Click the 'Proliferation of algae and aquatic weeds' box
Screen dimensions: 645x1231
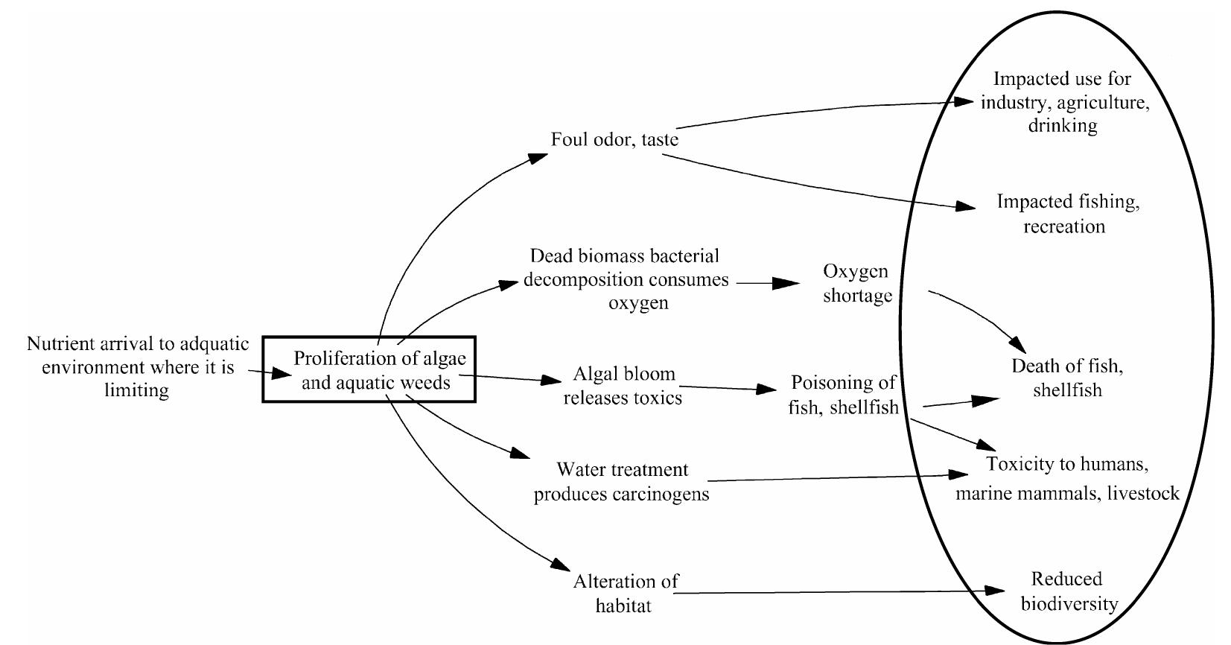coord(369,370)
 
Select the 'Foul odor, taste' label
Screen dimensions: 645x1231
coord(614,140)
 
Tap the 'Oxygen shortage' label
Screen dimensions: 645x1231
coord(856,283)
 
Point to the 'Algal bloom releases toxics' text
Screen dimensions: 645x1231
coord(623,386)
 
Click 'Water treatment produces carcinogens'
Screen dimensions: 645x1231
coord(621,482)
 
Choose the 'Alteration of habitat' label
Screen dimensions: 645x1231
coord(625,593)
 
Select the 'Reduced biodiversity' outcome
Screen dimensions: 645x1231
coord(1068,591)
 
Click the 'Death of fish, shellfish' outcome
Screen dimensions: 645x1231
coord(1066,378)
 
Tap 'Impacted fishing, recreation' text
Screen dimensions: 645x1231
coord(1067,214)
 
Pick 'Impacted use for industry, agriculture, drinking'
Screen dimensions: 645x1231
coord(1063,102)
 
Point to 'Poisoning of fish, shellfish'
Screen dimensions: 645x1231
coord(843,395)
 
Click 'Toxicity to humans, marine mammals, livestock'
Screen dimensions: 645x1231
coord(1067,478)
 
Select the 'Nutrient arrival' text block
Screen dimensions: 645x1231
coord(138,367)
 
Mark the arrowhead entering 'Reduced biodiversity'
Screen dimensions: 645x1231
coord(995,591)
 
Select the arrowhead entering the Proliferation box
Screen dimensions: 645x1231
coord(282,373)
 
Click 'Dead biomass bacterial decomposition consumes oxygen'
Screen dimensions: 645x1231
coord(626,279)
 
